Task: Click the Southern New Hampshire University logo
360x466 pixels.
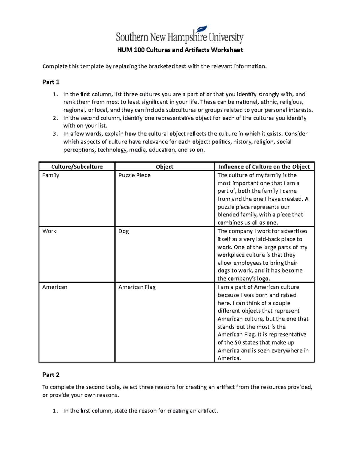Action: (x=179, y=35)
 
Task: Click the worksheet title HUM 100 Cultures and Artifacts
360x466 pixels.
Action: (x=180, y=50)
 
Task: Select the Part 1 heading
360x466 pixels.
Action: (x=51, y=82)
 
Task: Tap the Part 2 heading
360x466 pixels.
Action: (x=51, y=375)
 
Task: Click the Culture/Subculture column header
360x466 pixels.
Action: (x=77, y=167)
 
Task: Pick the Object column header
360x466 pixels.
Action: (x=164, y=167)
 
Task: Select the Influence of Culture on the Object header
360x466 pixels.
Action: (x=264, y=167)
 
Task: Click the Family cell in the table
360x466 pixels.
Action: (x=51, y=175)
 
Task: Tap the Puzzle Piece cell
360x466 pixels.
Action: (x=134, y=175)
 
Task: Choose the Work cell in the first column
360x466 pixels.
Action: (x=49, y=231)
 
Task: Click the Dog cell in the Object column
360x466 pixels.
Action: (x=124, y=231)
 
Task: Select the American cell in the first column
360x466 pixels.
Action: (x=55, y=287)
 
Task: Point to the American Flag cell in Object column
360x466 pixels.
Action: (x=137, y=287)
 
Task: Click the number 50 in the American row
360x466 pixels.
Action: (x=238, y=343)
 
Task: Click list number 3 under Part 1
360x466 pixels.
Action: (x=54, y=134)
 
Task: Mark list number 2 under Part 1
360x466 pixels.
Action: (x=54, y=118)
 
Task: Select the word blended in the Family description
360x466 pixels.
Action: (x=228, y=215)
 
